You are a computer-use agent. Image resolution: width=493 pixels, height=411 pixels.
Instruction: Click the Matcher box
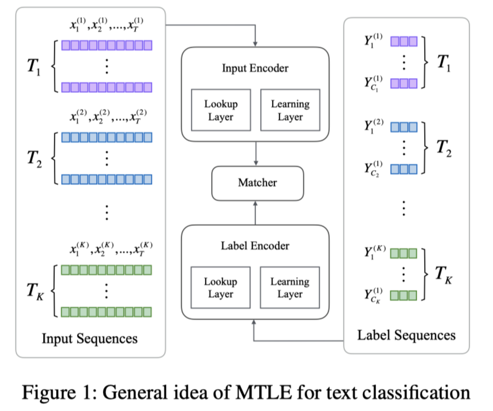click(x=258, y=183)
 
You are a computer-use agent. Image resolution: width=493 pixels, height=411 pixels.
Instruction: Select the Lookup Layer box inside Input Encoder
click(x=221, y=110)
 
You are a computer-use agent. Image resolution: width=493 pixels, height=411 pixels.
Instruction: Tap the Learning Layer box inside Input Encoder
click(x=290, y=110)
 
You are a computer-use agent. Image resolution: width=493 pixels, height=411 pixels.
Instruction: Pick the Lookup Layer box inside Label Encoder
click(x=220, y=287)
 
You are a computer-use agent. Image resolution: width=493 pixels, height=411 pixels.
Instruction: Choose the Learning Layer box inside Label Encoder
click(x=290, y=287)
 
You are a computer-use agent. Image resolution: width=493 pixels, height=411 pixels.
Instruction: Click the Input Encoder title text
click(x=255, y=68)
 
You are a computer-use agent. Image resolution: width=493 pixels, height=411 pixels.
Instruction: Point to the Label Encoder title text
click(x=255, y=246)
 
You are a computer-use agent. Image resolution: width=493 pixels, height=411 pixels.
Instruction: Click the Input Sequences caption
click(x=90, y=339)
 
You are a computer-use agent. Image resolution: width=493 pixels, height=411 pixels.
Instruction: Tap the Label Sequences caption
click(x=406, y=335)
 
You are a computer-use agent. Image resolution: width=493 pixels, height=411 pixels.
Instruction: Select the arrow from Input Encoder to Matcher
click(x=256, y=153)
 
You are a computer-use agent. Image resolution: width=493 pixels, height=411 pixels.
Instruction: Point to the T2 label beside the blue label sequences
click(x=444, y=148)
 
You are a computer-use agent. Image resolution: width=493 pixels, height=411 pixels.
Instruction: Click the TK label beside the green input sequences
click(x=35, y=291)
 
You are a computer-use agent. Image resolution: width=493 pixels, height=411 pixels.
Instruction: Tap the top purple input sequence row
click(x=107, y=45)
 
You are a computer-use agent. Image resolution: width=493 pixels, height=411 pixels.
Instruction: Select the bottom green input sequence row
click(x=106, y=312)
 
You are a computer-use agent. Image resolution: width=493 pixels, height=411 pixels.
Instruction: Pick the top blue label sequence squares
click(x=404, y=127)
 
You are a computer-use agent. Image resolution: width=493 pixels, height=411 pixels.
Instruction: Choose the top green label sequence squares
click(x=403, y=253)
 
